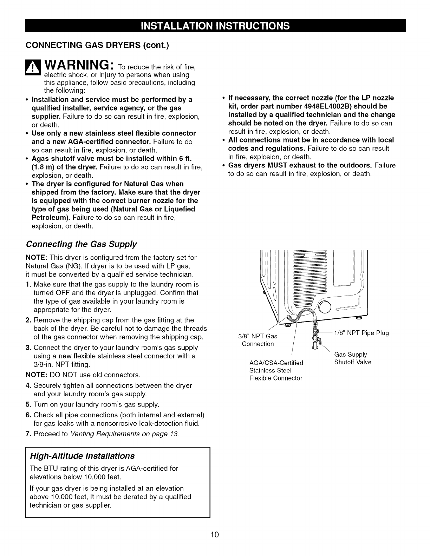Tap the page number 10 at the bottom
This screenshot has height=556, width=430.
point(215,535)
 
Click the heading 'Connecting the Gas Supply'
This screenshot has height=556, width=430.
point(81,244)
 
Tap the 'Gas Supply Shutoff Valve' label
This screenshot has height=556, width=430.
point(352,358)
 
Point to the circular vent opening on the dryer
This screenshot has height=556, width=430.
point(325,308)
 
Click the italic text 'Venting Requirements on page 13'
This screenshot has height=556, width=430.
point(124,434)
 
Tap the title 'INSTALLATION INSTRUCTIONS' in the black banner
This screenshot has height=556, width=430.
point(215,26)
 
